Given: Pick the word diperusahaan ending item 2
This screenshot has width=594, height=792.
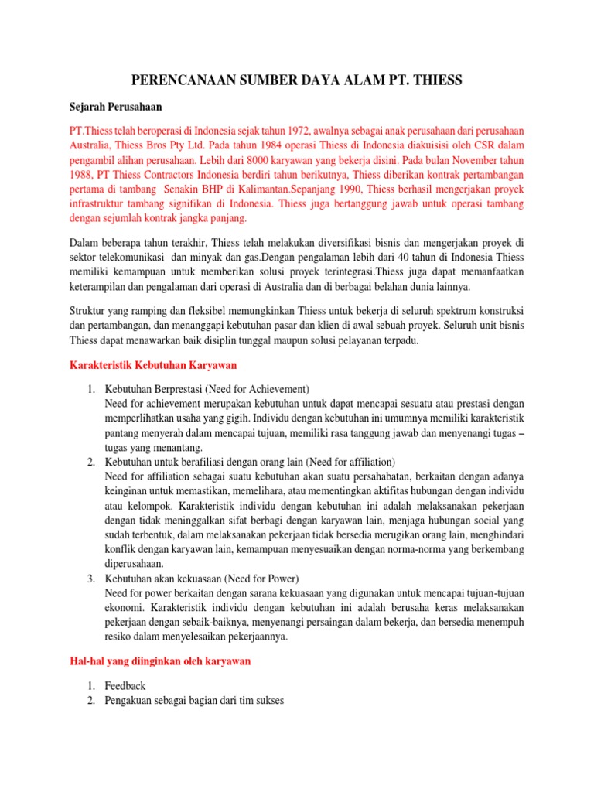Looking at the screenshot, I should point(134,564).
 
